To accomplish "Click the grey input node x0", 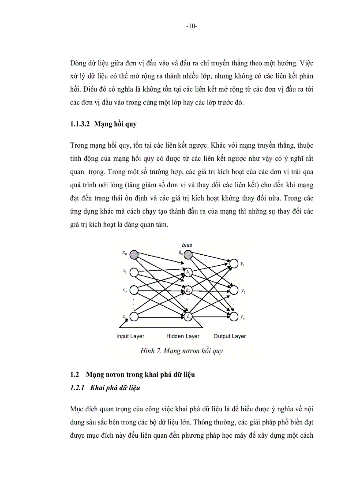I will (x=134, y=254).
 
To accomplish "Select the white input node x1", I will (x=134, y=272).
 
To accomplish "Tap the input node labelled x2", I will (x=134, y=291).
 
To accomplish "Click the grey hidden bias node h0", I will (x=188, y=254).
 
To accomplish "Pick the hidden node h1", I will (x=188, y=273).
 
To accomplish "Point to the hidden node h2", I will (x=188, y=291).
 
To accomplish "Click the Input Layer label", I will (x=130, y=336).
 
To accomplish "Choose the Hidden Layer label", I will (x=183, y=336).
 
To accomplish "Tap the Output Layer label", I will (x=229, y=336).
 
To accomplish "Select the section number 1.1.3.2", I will (x=80, y=125).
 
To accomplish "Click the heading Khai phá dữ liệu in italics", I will (x=115, y=388).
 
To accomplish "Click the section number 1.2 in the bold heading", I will (x=74, y=375).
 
